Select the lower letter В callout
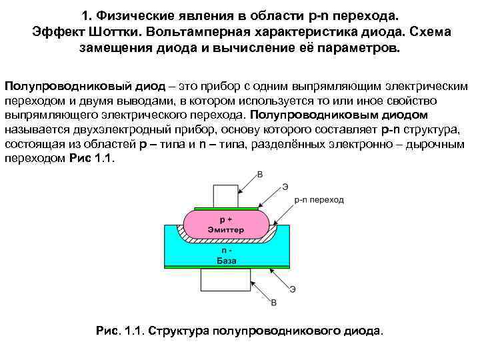tap(274, 303)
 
